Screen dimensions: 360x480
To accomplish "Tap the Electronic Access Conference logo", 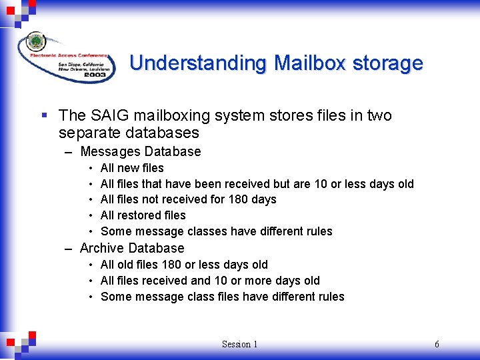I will (65, 56).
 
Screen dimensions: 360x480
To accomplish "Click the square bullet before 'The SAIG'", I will (45, 116).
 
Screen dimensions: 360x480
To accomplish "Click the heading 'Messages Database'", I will (140, 151).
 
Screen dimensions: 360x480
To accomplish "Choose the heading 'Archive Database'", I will (132, 248).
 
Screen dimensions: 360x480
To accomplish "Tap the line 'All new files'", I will (132, 168).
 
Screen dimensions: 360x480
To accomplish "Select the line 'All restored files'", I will (143, 215).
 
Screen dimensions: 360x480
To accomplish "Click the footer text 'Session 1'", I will (239, 344).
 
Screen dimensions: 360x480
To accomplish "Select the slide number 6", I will (437, 344).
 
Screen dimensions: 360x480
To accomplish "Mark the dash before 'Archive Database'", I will (69, 249).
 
